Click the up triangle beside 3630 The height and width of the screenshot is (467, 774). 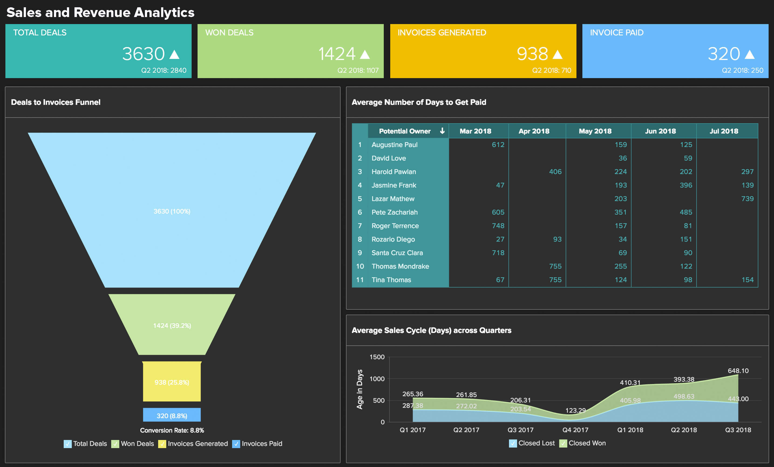(x=174, y=55)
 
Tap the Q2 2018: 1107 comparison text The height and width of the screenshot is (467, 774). (x=358, y=71)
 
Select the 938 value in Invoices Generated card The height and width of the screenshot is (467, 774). (x=532, y=54)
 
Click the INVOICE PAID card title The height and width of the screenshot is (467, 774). (x=616, y=33)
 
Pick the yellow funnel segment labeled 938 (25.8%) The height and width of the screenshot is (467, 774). (x=172, y=382)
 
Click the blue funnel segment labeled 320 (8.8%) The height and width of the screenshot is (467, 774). (x=172, y=415)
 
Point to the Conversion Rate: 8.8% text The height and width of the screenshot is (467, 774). (x=172, y=430)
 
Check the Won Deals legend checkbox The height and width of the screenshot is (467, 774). (x=115, y=444)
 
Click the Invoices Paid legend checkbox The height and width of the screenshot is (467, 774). (x=236, y=444)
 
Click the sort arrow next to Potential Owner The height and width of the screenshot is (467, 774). (x=442, y=131)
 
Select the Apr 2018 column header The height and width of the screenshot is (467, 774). (x=534, y=131)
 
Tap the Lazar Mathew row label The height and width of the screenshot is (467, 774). (x=393, y=199)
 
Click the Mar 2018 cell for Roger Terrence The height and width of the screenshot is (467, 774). (x=498, y=226)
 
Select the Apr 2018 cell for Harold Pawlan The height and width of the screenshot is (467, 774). (x=555, y=172)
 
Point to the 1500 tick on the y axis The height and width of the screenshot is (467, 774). (x=377, y=357)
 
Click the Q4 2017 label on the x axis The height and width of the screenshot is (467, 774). (x=575, y=430)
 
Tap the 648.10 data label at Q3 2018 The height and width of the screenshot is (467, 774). (x=738, y=371)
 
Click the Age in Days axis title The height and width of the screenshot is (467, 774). (x=360, y=389)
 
